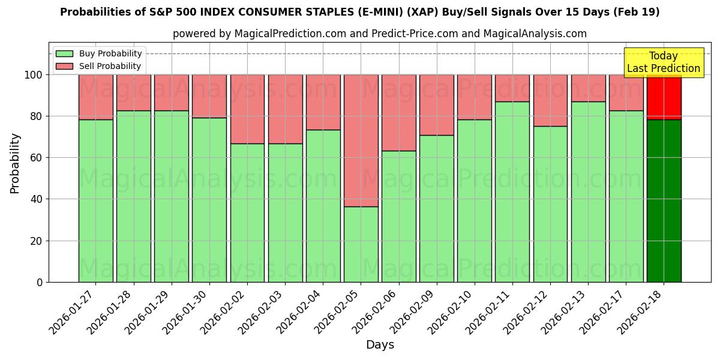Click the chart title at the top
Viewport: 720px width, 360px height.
(359, 12)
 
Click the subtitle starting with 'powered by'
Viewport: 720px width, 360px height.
(379, 34)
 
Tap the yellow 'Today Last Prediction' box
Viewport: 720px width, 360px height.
(663, 62)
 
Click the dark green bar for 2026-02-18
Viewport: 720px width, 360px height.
(664, 200)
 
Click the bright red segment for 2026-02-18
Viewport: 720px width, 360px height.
(664, 97)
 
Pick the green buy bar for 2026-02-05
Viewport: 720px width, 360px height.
(361, 244)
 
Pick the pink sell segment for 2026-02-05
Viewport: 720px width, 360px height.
(361, 140)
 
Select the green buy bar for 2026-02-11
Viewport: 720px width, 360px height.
(512, 191)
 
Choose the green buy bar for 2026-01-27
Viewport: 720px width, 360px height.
(95, 200)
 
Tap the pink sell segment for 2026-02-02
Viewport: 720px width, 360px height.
(247, 109)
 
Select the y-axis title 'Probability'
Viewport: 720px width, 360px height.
(15, 163)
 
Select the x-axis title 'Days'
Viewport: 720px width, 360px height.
(379, 345)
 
